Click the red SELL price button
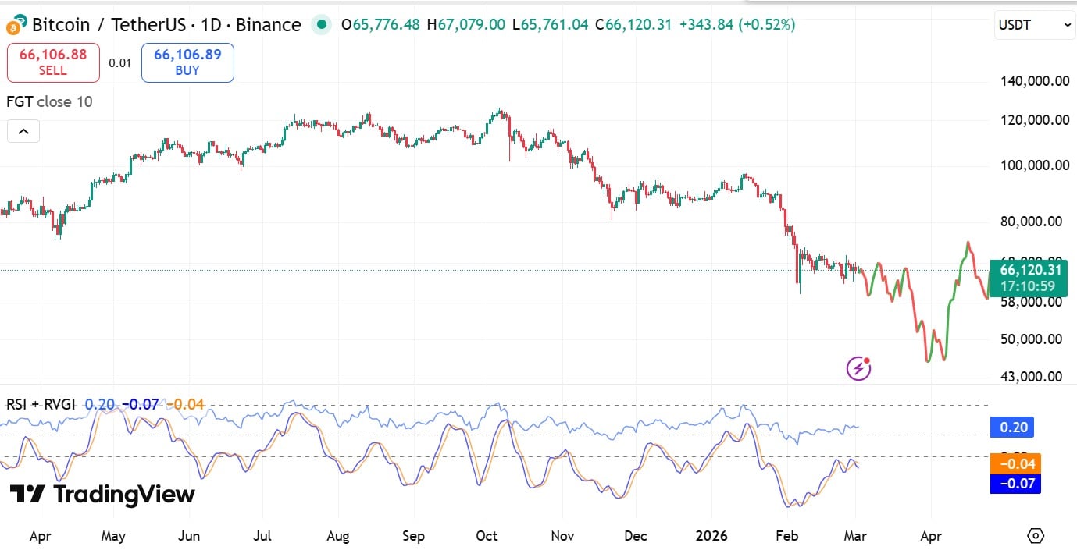click(x=53, y=62)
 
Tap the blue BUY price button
click(x=187, y=62)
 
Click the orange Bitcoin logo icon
click(x=14, y=26)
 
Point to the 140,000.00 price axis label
click(x=1035, y=80)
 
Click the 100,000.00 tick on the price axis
click(x=1035, y=165)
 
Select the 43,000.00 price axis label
click(x=1030, y=377)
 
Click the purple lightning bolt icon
click(x=858, y=368)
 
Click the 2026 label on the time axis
click(x=711, y=536)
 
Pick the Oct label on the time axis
click(x=487, y=536)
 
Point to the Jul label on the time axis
click(x=262, y=536)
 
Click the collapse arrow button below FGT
click(x=23, y=131)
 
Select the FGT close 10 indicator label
click(x=49, y=101)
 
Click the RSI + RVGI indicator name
click(x=41, y=404)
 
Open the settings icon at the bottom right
click(x=1036, y=536)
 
